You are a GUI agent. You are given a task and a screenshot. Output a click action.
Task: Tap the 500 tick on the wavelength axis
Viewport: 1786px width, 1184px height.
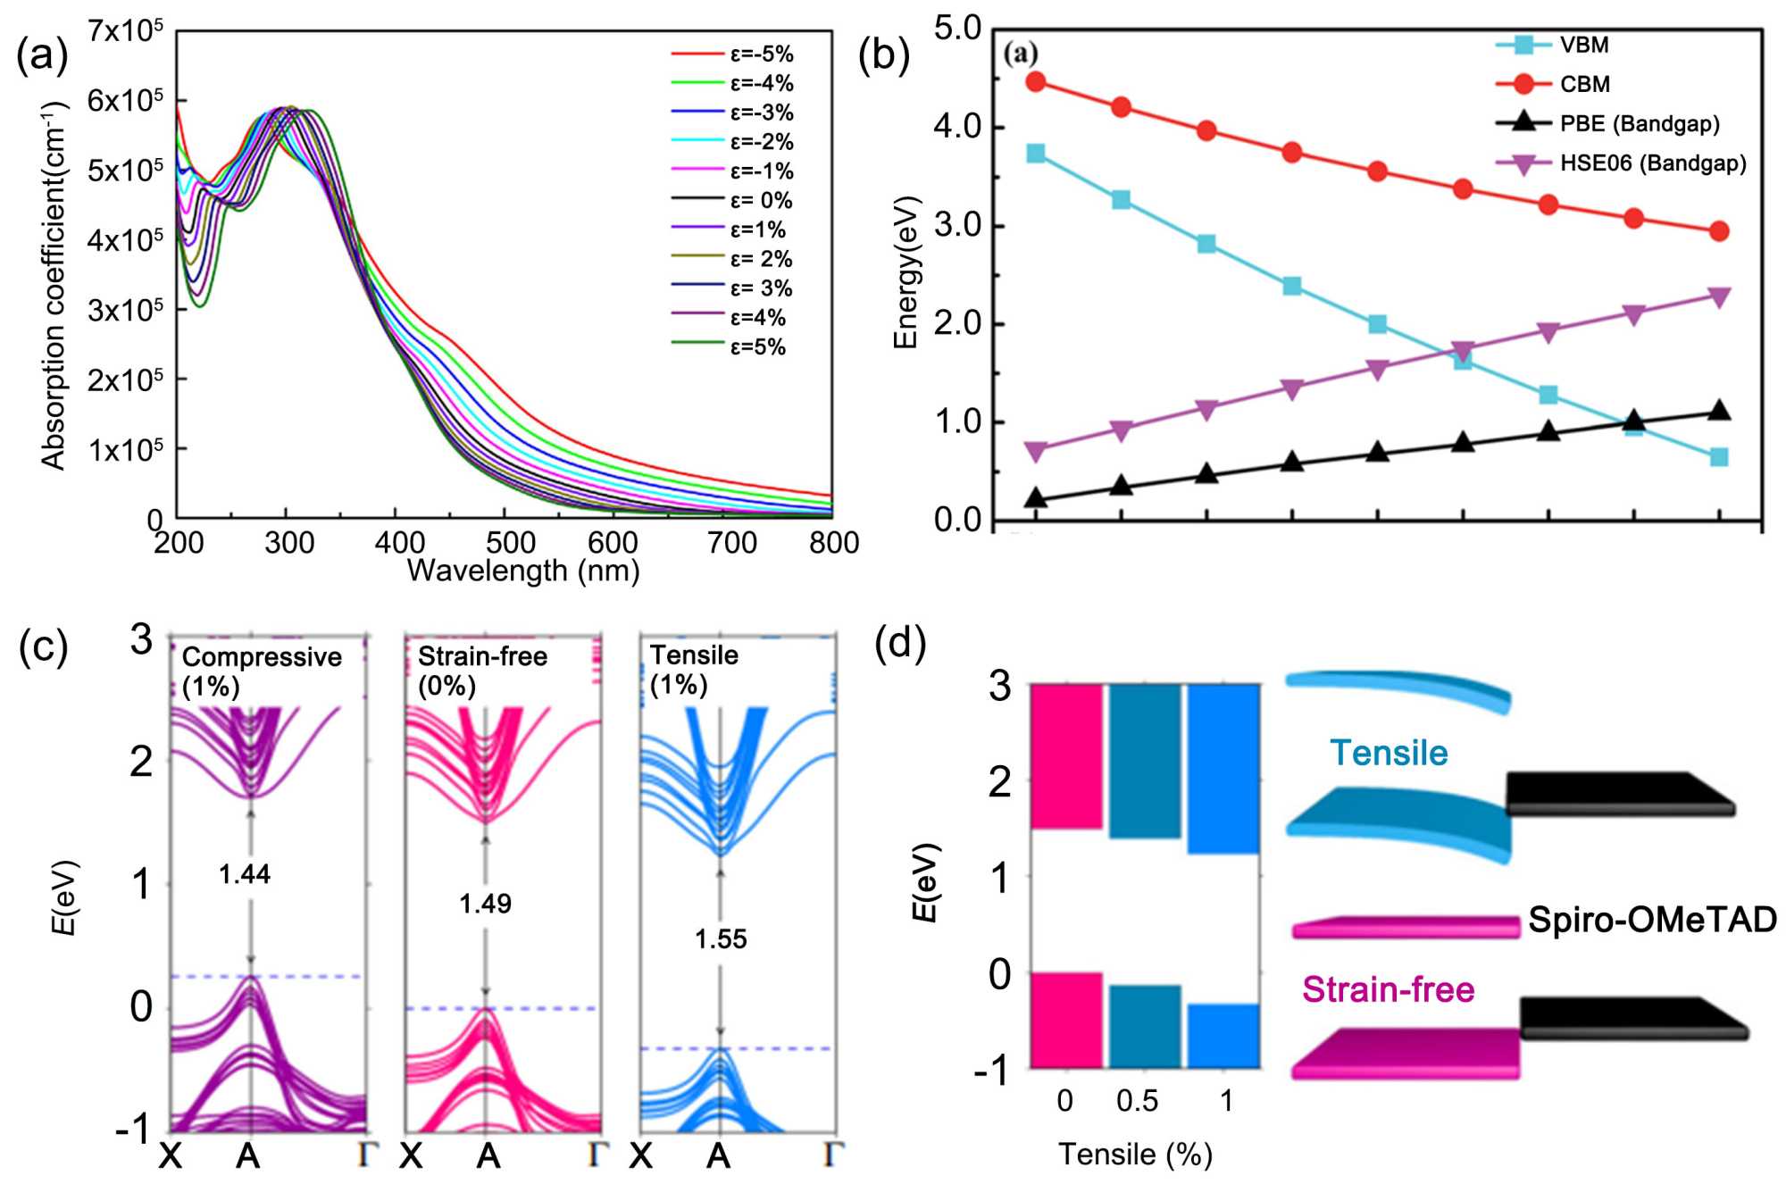[x=511, y=542]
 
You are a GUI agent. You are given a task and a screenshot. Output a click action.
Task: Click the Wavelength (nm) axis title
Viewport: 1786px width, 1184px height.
[x=523, y=571]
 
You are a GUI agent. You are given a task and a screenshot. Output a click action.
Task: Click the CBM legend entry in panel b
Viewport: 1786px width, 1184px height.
[x=1584, y=84]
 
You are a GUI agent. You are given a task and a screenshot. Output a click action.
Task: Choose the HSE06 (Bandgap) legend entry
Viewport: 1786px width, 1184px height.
[x=1652, y=163]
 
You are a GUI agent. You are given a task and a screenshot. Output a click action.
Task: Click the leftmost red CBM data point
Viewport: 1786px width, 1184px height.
[x=1036, y=82]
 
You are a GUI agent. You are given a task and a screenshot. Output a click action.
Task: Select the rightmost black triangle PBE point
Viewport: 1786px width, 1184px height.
[x=1718, y=412]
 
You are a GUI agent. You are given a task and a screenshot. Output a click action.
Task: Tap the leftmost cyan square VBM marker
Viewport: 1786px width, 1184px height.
[x=1036, y=154]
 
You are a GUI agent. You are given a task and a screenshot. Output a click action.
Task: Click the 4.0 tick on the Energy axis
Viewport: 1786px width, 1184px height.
[x=957, y=127]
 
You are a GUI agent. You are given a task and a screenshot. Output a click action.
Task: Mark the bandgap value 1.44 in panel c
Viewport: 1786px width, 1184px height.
[x=245, y=874]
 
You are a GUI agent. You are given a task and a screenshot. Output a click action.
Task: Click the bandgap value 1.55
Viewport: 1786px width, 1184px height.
[x=721, y=939]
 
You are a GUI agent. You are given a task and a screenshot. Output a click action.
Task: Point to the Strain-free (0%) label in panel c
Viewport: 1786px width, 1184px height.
[x=482, y=671]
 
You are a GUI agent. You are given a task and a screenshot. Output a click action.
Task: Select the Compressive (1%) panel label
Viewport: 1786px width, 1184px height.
[x=261, y=671]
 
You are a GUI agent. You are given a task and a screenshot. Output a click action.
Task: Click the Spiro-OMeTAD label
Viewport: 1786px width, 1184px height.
[x=1652, y=920]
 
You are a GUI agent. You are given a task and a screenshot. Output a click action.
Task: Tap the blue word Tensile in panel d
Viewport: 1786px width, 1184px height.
[x=1389, y=753]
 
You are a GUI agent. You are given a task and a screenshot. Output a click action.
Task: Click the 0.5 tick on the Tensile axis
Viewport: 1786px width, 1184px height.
[x=1137, y=1101]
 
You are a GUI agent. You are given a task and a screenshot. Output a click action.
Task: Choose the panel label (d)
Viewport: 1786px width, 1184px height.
[x=900, y=643]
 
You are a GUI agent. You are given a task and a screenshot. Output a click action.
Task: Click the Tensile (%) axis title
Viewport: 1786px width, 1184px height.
[x=1135, y=1155]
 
